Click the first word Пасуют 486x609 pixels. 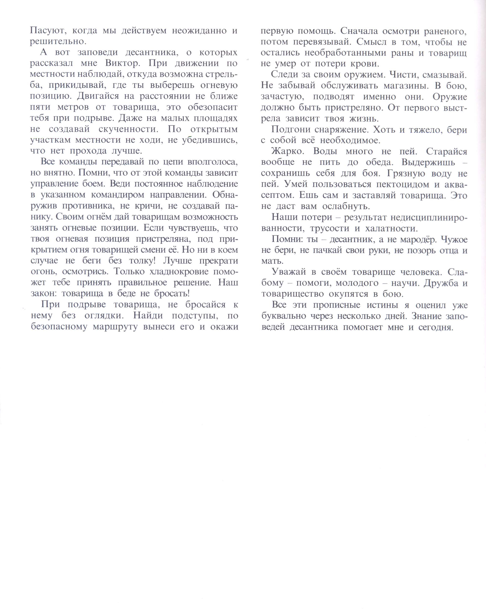tap(47, 30)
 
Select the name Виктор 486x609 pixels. tap(123, 63)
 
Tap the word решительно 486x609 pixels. tap(57, 42)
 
